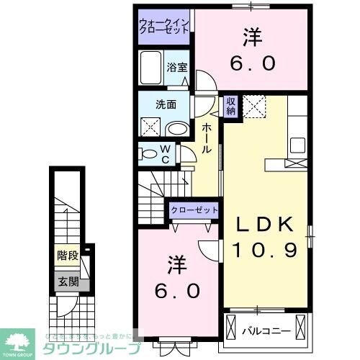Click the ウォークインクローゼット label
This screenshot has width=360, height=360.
coord(164,28)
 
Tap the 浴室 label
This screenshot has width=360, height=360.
coord(176,67)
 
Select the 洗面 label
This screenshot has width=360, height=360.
coord(166,104)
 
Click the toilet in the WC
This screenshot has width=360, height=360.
coord(150,153)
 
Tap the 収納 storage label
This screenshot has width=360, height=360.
coord(230,107)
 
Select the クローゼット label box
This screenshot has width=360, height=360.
coord(194,210)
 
